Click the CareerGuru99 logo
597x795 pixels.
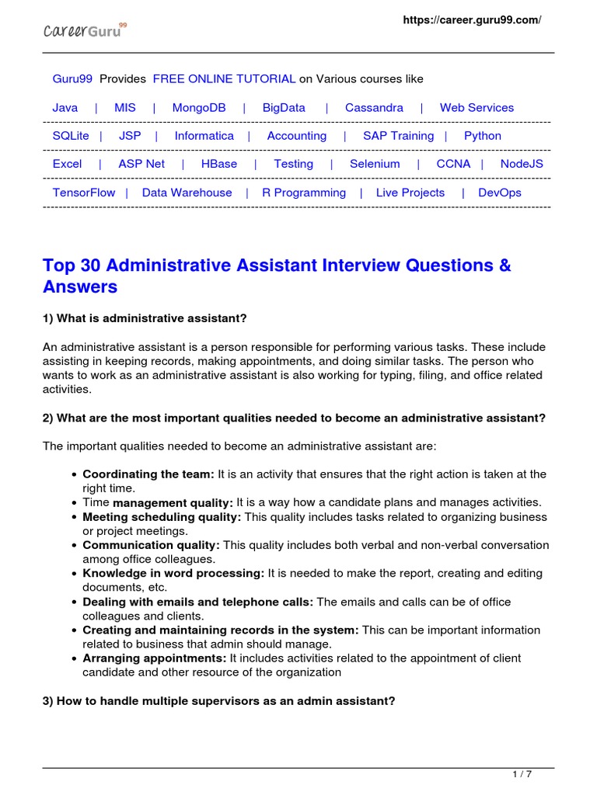(x=84, y=31)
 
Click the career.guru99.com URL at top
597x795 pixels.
(x=471, y=20)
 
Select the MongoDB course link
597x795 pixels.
(x=199, y=108)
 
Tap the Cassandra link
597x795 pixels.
(x=374, y=108)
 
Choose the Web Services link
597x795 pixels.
(x=477, y=108)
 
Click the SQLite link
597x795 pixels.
(x=71, y=136)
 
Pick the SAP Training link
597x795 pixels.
(x=398, y=136)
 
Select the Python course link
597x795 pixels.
(x=483, y=136)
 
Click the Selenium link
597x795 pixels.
(x=375, y=164)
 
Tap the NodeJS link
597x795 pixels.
(x=522, y=164)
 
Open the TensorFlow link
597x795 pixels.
(x=84, y=193)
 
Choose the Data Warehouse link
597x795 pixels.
(x=187, y=193)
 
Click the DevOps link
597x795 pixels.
(x=500, y=193)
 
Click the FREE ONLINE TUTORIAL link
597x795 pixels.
(x=224, y=79)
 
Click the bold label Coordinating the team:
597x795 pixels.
(x=148, y=474)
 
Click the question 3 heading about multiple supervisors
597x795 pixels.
(x=219, y=700)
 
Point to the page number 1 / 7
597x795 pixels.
(x=522, y=774)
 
